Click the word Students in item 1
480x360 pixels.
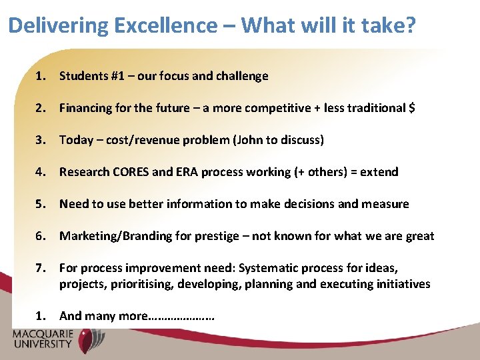[x=82, y=76]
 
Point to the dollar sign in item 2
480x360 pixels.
[x=411, y=108]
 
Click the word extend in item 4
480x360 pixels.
[x=379, y=172]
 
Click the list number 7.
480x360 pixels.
[x=41, y=268]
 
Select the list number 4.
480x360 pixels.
[x=41, y=172]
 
